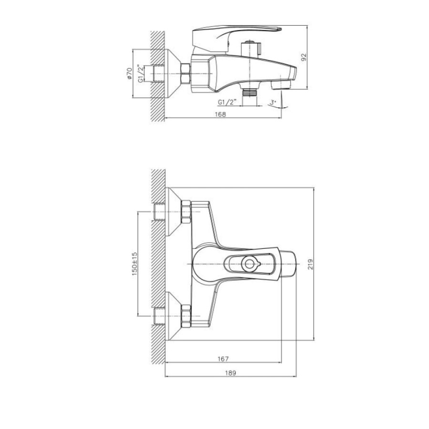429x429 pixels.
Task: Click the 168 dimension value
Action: [221, 114]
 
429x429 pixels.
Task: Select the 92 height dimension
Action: [304, 57]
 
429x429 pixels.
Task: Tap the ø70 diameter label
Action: [129, 74]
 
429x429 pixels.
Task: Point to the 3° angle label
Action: [273, 102]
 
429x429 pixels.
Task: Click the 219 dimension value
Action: [310, 264]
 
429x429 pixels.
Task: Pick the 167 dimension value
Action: [223, 358]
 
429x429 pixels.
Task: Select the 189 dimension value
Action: [230, 373]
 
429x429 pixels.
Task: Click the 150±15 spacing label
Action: [134, 264]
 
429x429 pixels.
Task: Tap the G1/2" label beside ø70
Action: [140, 73]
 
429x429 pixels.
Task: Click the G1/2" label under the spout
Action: [227, 102]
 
